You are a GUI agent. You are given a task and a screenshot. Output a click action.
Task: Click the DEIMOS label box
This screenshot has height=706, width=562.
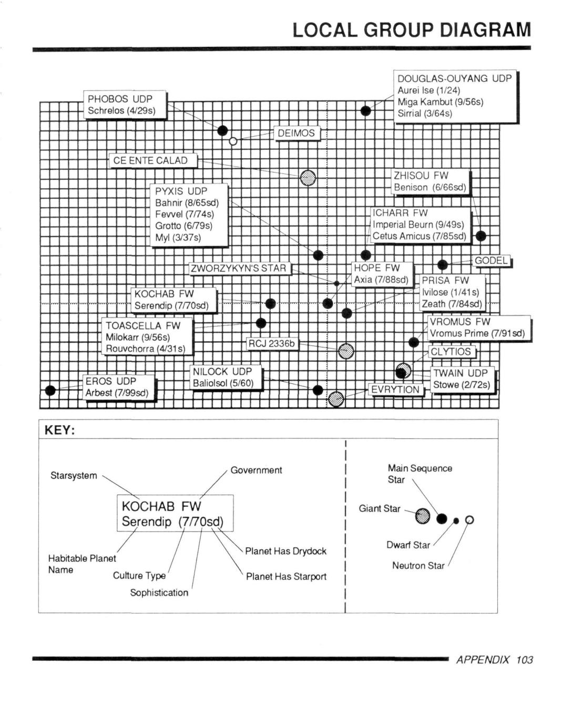coord(297,133)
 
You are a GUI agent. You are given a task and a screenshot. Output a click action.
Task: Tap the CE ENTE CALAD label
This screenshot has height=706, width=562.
coord(153,160)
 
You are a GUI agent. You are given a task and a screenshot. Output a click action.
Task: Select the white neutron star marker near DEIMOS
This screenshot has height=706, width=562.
coord(233,141)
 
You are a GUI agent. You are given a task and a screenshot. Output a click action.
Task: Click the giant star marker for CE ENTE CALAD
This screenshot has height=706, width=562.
coord(308,178)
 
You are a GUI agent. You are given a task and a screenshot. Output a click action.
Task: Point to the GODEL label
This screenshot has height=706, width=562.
coord(491,261)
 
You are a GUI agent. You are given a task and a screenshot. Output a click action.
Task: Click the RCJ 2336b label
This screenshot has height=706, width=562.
coord(272,343)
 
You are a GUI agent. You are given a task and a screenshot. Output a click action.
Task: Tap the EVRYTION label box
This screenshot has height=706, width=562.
coord(395,390)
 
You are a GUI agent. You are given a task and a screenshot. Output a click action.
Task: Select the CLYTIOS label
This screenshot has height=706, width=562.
coord(451,352)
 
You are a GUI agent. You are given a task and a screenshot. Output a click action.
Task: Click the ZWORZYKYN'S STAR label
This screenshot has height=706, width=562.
coord(240,268)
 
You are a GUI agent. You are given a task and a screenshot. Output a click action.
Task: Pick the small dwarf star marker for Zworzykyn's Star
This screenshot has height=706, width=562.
coord(336,283)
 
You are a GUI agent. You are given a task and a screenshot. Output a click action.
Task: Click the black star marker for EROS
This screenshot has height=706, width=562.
coord(50,390)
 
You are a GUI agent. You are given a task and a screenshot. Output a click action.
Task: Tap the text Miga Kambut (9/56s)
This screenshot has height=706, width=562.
coord(440,101)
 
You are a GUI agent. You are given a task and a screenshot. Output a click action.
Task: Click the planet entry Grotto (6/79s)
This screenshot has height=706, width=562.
coord(183,226)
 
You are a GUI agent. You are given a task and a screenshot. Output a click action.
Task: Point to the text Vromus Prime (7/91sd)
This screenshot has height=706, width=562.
coord(477,333)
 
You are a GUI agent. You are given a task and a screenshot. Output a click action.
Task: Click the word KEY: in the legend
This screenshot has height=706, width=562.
coord(60,430)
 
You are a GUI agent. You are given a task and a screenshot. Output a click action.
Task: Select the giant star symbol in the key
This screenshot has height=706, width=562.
coord(423,516)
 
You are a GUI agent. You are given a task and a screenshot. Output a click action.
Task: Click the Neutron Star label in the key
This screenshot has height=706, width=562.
coord(418,565)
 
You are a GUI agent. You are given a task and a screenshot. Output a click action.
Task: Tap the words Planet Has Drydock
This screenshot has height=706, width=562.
coord(286,551)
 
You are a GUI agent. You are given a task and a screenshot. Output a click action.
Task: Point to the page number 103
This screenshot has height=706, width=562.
coord(524,660)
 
